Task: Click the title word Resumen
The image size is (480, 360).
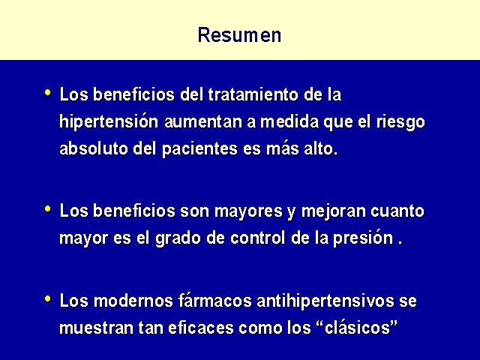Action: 239,35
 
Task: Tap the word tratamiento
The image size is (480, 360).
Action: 253,94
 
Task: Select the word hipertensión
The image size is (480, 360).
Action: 109,122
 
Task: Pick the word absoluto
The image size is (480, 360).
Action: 93,148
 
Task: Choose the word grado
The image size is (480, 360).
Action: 178,238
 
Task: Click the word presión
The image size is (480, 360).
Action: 363,238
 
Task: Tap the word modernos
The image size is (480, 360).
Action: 133,300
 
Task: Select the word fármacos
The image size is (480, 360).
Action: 214,300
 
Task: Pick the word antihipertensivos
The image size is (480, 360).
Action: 325,301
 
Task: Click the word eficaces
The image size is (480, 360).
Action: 201,328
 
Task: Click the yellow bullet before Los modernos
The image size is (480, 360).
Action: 48,298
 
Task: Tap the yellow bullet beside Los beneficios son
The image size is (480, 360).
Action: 48,208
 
